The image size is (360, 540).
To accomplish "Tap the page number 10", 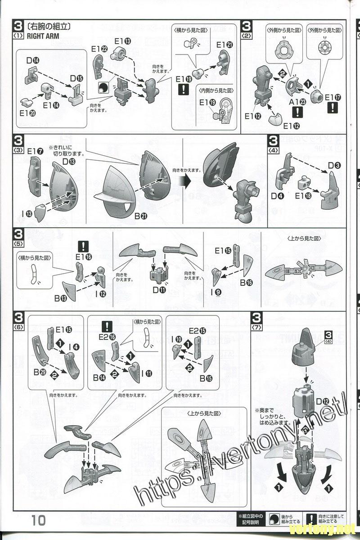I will pyautogui.click(x=39, y=521).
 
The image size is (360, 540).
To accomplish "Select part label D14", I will pyautogui.click(x=33, y=60).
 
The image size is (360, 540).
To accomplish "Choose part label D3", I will pyautogui.click(x=334, y=165).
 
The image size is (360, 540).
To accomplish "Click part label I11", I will pyautogui.click(x=145, y=373).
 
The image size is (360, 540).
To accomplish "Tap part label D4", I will pyautogui.click(x=277, y=196).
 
